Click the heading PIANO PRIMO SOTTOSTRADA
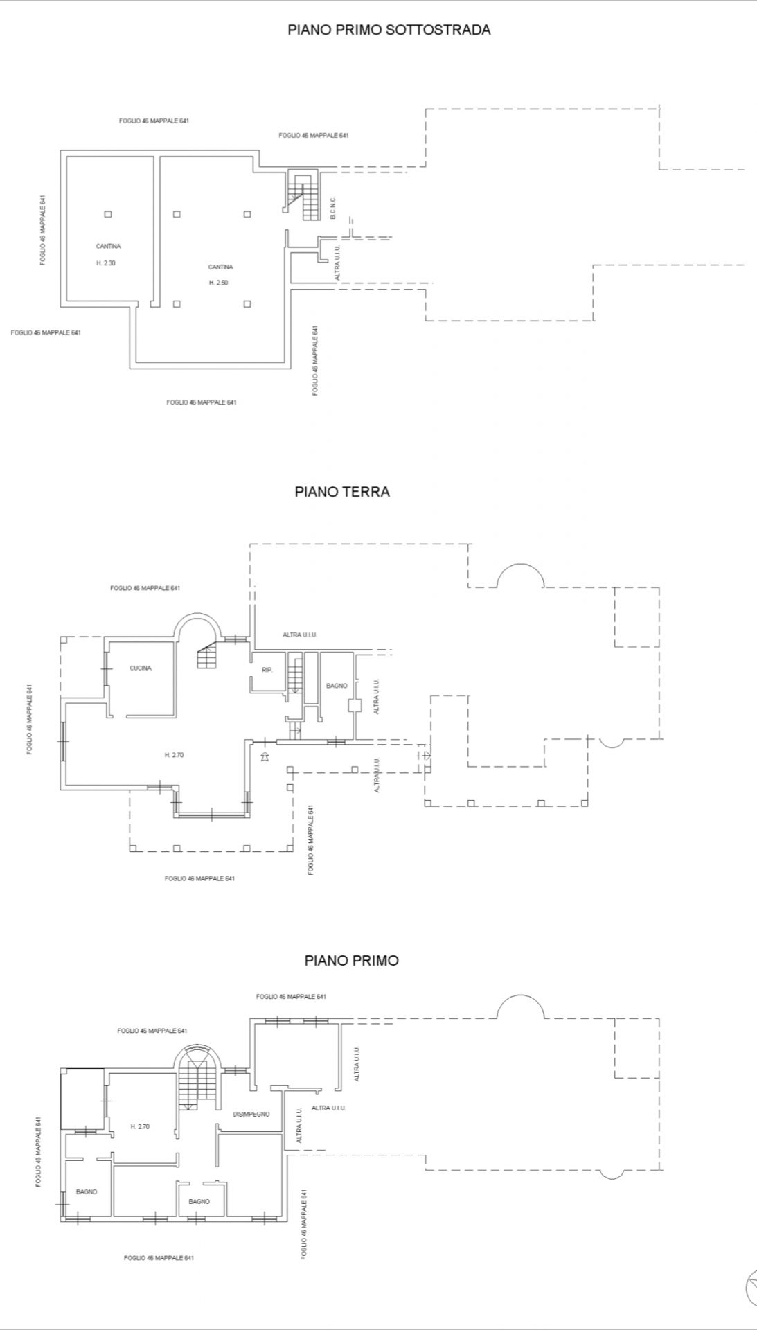tap(389, 30)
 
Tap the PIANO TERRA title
tap(342, 492)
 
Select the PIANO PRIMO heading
tap(352, 961)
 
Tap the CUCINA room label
tap(141, 668)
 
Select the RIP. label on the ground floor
tap(267, 670)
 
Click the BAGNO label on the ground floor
tap(337, 686)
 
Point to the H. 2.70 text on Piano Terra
tap(174, 755)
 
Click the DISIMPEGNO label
tap(251, 1115)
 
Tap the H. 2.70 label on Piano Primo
tap(140, 1127)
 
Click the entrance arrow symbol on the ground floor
tap(264, 756)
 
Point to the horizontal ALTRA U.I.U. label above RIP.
tap(300, 635)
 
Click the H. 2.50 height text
tap(219, 283)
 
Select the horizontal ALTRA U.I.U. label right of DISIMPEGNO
tap(329, 1108)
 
